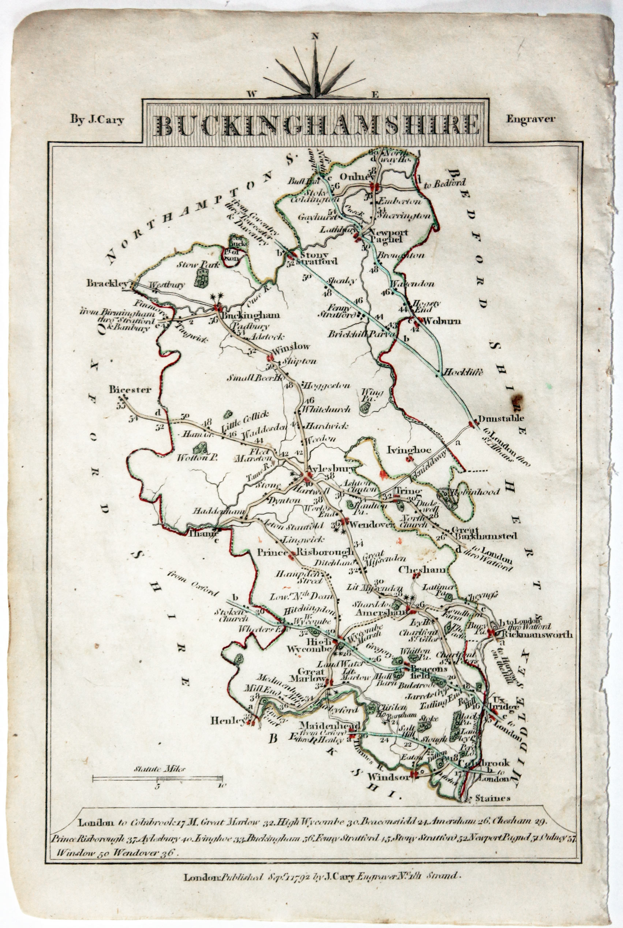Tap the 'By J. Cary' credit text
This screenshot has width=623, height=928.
click(97, 120)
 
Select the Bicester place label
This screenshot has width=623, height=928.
click(130, 390)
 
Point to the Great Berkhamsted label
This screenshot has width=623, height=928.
click(484, 533)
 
